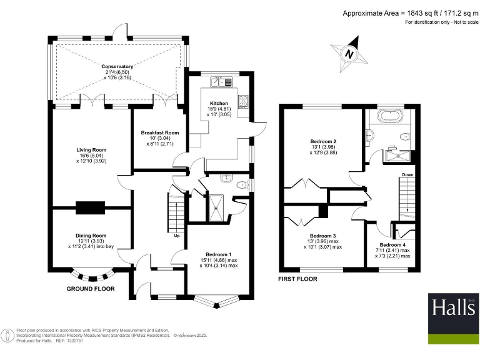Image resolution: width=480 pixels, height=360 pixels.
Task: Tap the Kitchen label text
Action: (219, 103)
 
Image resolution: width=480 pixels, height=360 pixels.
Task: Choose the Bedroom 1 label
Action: (216, 254)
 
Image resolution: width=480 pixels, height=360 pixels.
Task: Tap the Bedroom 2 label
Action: (323, 142)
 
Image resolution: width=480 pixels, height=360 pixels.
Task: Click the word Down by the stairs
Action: (407, 175)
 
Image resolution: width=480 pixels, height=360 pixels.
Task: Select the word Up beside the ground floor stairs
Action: (177, 236)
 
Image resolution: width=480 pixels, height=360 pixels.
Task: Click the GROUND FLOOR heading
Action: (91, 289)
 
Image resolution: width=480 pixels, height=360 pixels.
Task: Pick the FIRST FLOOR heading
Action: (297, 279)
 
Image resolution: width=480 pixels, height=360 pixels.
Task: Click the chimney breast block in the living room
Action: (91, 207)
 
